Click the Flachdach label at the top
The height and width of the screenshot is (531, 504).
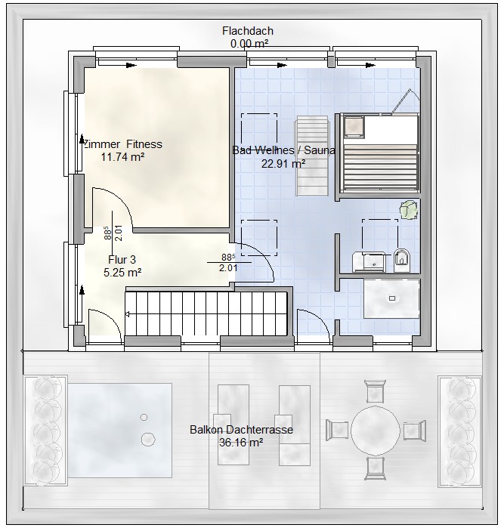(248, 31)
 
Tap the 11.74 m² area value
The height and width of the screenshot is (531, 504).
(123, 157)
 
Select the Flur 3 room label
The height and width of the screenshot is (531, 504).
(122, 260)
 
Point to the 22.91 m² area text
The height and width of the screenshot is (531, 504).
(283, 164)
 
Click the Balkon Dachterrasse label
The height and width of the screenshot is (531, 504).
(241, 430)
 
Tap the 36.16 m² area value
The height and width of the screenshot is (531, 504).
(241, 443)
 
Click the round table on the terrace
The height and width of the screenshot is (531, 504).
(376, 431)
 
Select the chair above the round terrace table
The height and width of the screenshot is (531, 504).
(376, 392)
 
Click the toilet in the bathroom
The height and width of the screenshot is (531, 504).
(402, 260)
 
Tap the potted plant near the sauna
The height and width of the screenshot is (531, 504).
(409, 210)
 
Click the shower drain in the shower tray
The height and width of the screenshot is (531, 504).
(392, 298)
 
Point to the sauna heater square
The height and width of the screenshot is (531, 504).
(354, 127)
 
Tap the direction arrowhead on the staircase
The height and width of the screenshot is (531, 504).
(128, 315)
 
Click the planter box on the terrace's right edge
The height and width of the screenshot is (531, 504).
(459, 431)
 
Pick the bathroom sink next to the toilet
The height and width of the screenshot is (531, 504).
(369, 261)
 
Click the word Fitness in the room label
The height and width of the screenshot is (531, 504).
(144, 144)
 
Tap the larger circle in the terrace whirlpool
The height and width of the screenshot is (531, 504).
(148, 439)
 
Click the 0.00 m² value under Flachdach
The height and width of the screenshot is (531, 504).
(249, 43)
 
